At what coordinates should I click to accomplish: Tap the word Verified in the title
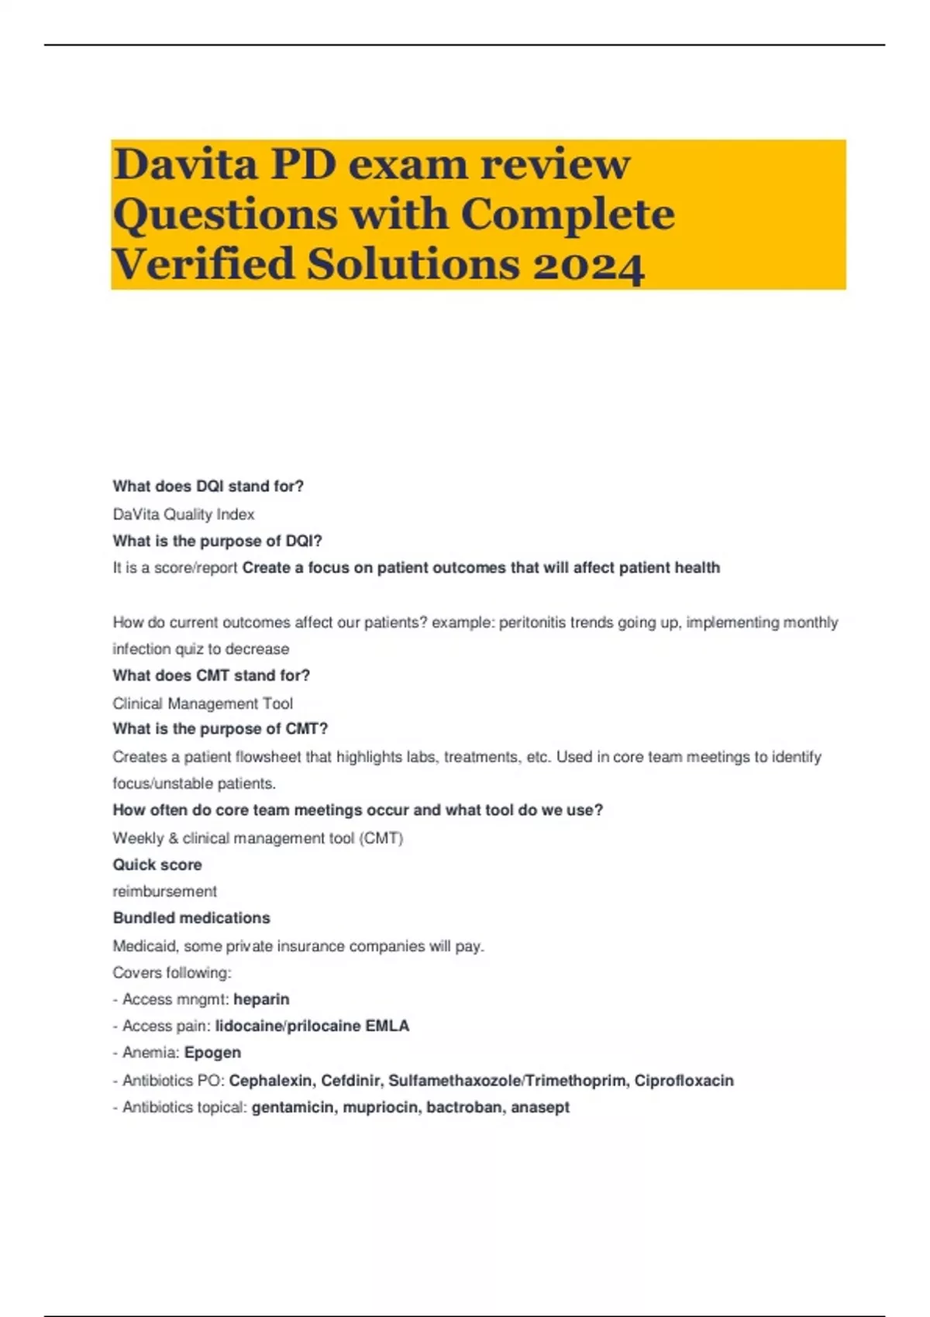tap(203, 265)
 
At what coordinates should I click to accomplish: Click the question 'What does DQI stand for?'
tap(208, 487)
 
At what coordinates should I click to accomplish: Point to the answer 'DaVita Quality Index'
tap(183, 514)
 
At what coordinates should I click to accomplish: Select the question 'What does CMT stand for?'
tap(211, 676)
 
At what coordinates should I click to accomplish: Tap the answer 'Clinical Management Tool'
tap(202, 703)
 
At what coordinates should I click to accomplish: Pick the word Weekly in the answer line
tap(138, 838)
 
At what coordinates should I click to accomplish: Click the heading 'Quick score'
tap(157, 865)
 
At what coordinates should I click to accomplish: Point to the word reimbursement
tap(164, 892)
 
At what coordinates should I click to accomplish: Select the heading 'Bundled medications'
tap(191, 918)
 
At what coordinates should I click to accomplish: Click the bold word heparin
tap(261, 999)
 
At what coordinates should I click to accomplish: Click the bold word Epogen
tap(212, 1053)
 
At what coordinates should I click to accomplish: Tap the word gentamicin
tap(293, 1108)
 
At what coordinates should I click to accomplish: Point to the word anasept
tap(540, 1108)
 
